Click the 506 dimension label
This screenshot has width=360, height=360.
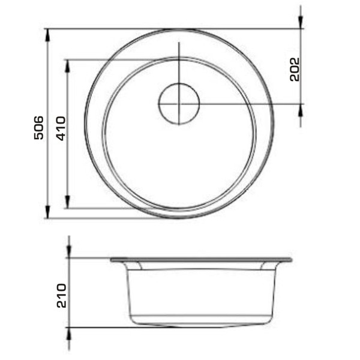[38, 128]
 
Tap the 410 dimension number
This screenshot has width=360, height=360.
[61, 128]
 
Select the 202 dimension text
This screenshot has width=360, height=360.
[295, 70]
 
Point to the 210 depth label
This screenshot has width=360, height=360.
[62, 296]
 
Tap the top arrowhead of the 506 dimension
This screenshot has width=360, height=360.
[47, 35]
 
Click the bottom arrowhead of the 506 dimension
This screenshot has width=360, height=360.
[47, 212]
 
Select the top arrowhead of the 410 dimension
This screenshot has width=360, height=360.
[67, 66]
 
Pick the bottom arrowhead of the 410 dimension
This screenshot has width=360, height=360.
[67, 202]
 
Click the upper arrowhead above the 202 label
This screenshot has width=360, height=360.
[301, 23]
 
